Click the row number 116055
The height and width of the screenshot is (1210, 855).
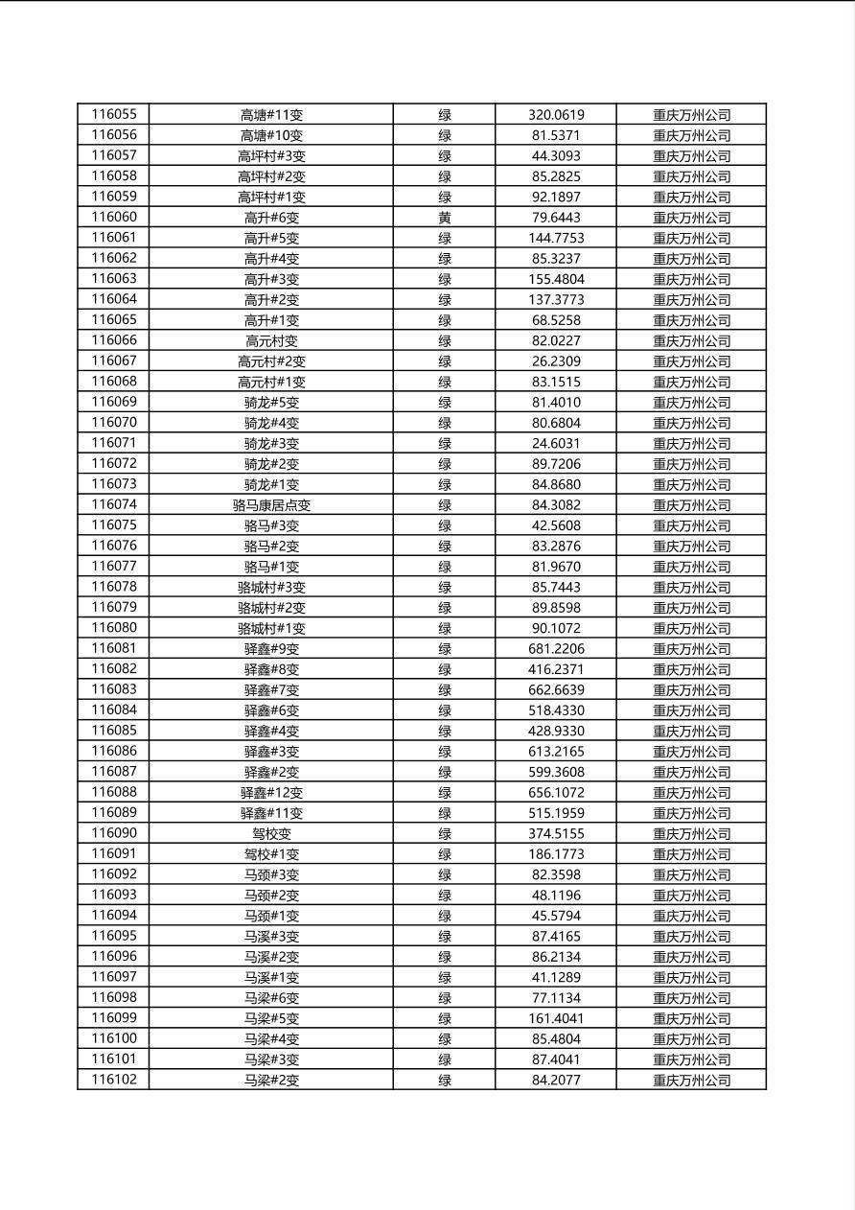pos(114,114)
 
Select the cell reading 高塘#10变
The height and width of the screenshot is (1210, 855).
pos(271,135)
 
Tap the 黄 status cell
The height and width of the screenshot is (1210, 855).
pos(445,218)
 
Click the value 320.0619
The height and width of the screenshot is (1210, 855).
pos(556,115)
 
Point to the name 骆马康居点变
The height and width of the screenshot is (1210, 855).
pos(271,505)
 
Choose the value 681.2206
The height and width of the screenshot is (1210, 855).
pos(556,649)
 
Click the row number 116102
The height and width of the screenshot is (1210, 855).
pos(114,1080)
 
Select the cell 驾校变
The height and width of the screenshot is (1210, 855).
pos(271,834)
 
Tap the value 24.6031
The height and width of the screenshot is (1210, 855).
pos(556,444)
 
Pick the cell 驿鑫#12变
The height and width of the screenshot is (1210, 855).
pos(271,793)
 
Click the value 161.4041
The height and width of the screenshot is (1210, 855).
pos(556,1018)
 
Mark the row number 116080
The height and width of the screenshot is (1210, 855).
pos(114,628)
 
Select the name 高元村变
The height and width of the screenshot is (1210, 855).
pos(271,340)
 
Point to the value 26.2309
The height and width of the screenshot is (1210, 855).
pos(556,361)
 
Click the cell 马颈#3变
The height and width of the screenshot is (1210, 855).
pos(271,874)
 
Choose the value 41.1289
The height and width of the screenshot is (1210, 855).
pos(556,977)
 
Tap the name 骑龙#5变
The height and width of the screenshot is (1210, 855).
pos(271,403)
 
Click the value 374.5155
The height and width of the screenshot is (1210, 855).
pos(556,834)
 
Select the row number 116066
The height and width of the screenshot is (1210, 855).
pos(114,340)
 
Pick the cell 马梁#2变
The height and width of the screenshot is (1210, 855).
pos(271,1081)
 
